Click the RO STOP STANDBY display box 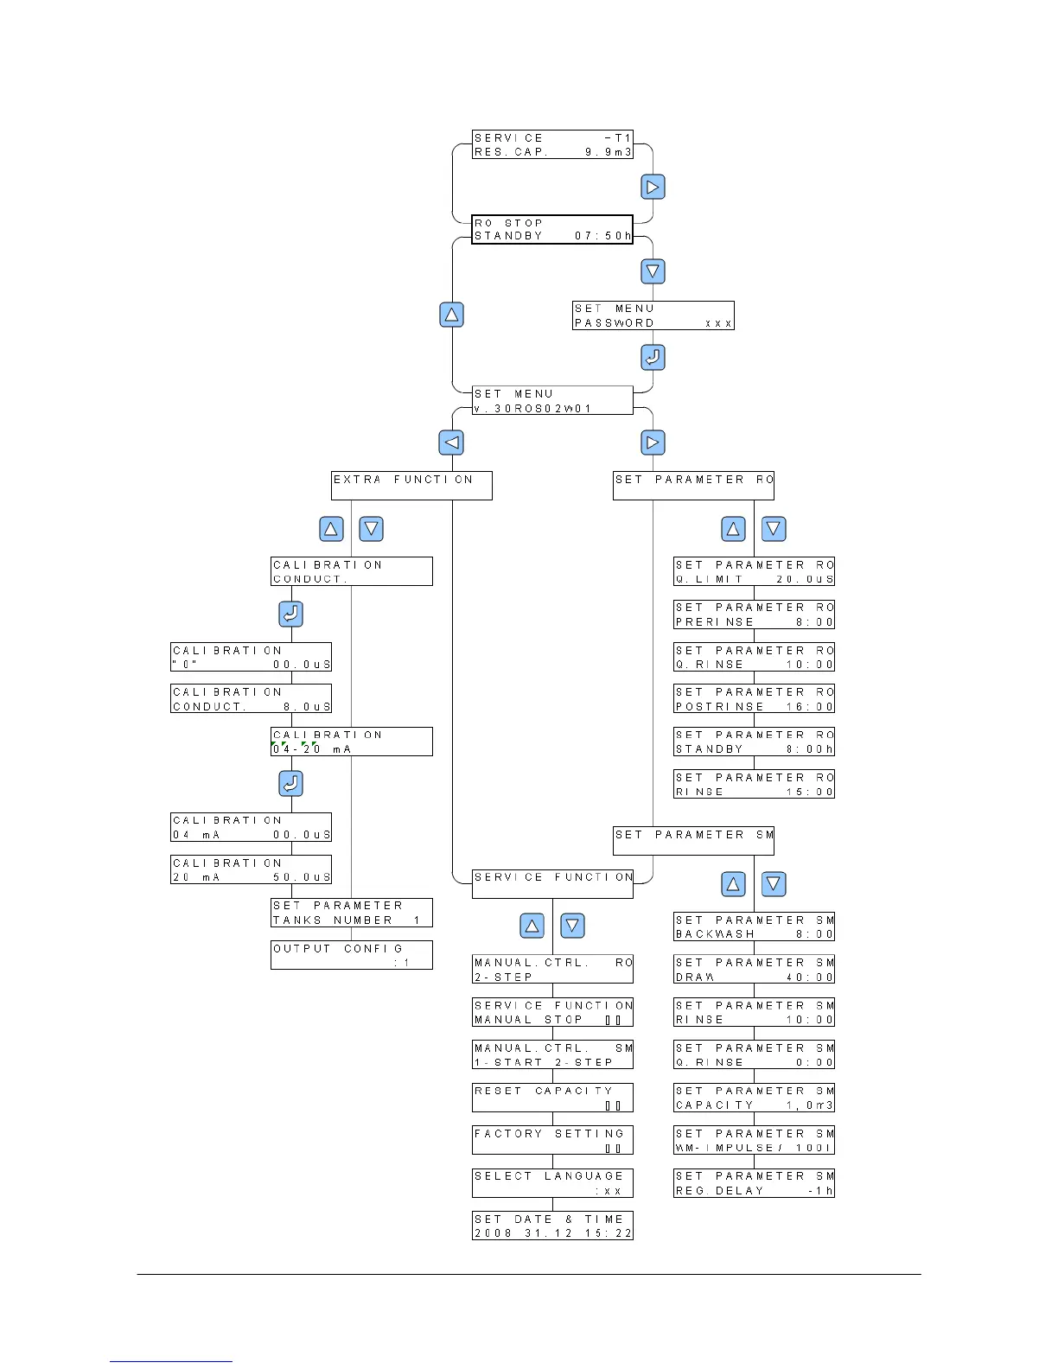pos(551,230)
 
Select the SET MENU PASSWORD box pos(653,315)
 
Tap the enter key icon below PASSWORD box pos(653,357)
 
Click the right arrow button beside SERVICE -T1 pos(653,187)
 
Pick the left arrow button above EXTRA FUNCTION pos(451,443)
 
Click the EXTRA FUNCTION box pos(411,485)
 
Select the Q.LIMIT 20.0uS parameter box pos(754,571)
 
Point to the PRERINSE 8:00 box pos(754,614)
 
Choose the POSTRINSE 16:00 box pos(754,699)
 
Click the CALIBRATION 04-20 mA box pos(351,742)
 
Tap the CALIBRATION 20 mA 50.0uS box pos(251,869)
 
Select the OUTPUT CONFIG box pos(351,955)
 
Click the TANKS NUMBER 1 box pos(351,913)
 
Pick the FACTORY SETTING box pos(552,1140)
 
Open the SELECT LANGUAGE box pos(552,1183)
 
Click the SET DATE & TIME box pos(552,1226)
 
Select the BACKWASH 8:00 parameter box pos(754,926)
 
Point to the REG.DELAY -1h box pos(754,1183)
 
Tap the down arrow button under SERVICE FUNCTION pos(572,926)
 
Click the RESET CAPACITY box pos(552,1098)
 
